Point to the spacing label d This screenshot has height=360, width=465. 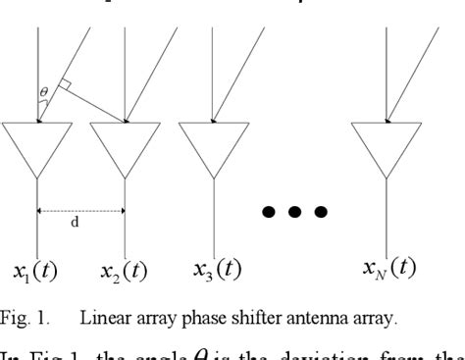tap(75, 223)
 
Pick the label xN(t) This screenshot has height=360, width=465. tap(385, 267)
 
